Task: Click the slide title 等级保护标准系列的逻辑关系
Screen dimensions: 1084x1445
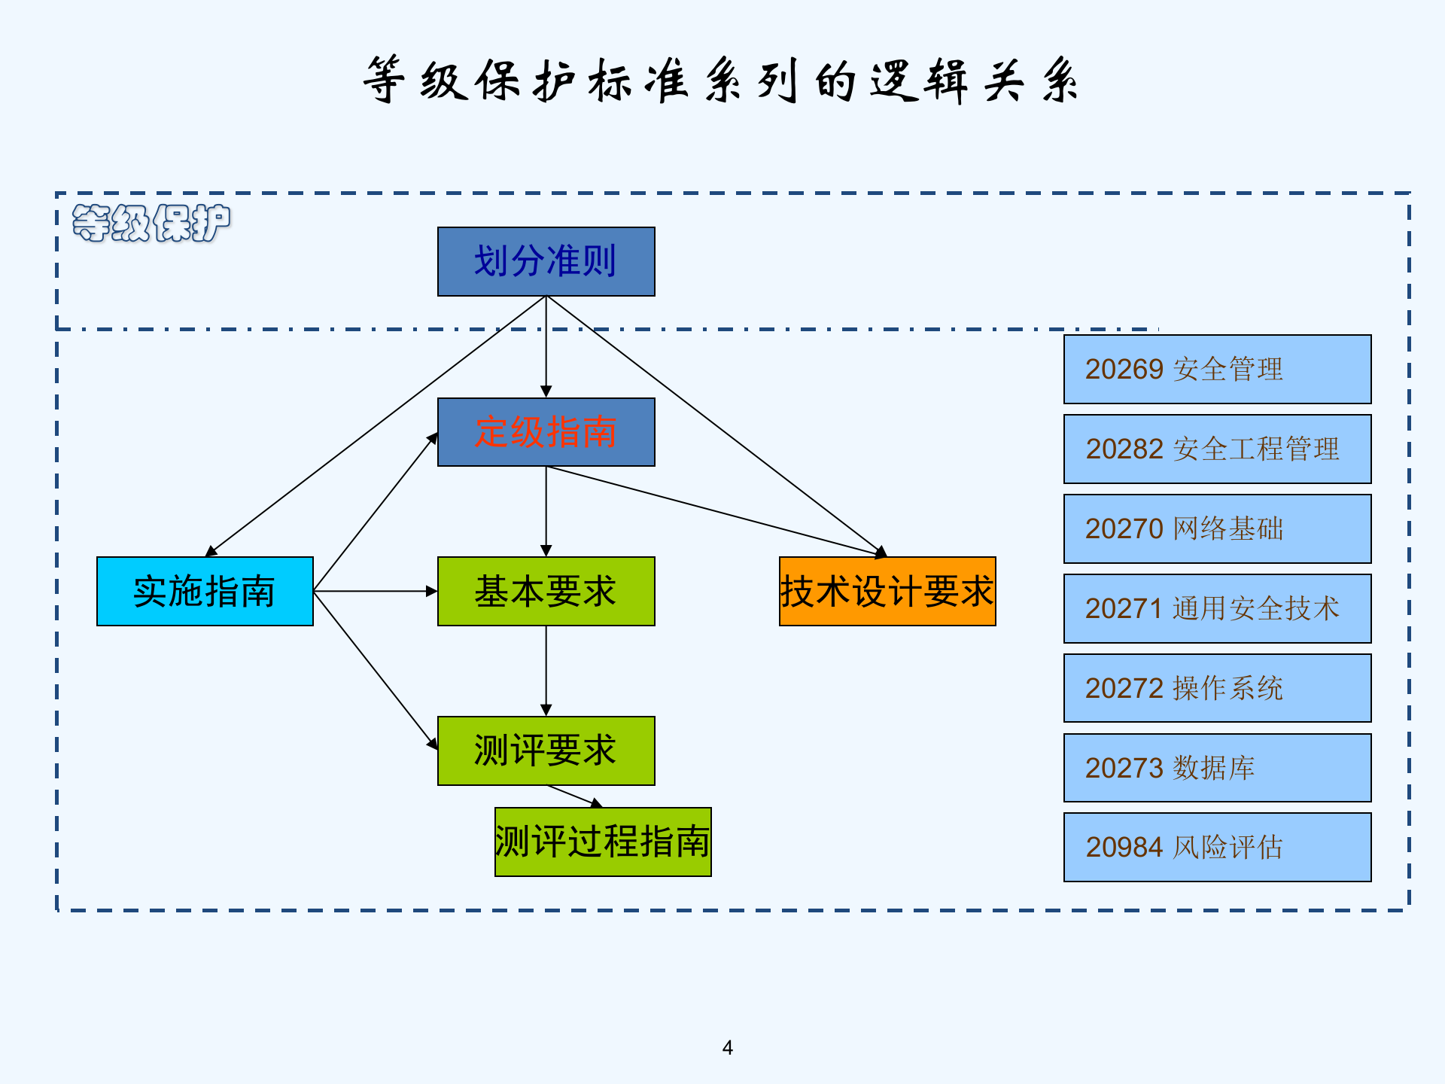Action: coord(721,80)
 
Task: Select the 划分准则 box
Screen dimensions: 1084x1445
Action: coord(546,261)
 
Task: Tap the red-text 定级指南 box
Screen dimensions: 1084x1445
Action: coord(546,432)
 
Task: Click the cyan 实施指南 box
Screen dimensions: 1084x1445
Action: coord(205,591)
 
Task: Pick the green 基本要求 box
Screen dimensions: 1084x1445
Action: coord(546,591)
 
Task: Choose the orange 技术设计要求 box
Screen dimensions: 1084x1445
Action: coord(887,591)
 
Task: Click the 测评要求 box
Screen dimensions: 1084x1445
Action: coord(546,751)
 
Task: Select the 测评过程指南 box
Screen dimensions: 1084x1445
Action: coord(603,842)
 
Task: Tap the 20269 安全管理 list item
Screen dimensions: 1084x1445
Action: coord(1217,369)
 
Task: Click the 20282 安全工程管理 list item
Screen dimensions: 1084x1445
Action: coord(1217,449)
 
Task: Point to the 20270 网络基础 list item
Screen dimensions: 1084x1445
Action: coord(1217,528)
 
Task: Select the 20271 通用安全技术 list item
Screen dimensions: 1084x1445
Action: coord(1217,608)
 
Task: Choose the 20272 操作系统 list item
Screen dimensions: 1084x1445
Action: coord(1217,688)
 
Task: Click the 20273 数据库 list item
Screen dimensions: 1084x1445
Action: coord(1217,768)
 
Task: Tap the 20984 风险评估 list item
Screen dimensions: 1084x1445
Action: coord(1217,847)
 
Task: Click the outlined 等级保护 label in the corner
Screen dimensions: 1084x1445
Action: coord(151,223)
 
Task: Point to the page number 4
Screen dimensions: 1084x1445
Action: coord(727,1047)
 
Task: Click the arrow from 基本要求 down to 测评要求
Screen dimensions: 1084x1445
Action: coord(546,670)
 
